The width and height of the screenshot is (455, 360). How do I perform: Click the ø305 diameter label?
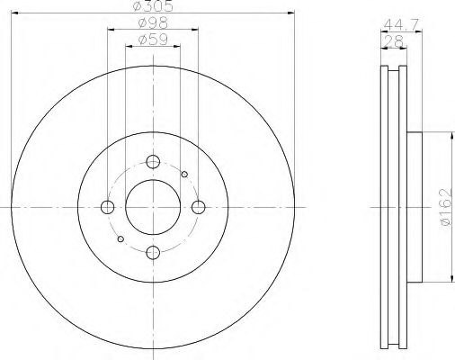(x=153, y=6)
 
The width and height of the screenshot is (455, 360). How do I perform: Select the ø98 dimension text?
(x=153, y=23)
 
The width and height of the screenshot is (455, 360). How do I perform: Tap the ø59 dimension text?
(x=153, y=40)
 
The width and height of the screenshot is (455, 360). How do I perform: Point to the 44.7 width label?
(x=401, y=24)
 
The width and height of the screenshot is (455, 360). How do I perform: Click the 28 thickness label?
(x=394, y=41)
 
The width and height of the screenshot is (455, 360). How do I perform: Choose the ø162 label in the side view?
(x=446, y=207)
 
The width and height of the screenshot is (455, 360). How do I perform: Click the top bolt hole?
(x=153, y=162)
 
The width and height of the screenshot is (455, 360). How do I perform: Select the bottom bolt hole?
(x=153, y=252)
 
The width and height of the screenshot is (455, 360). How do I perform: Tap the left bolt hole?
(x=108, y=207)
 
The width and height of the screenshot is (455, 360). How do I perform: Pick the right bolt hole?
(x=198, y=207)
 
